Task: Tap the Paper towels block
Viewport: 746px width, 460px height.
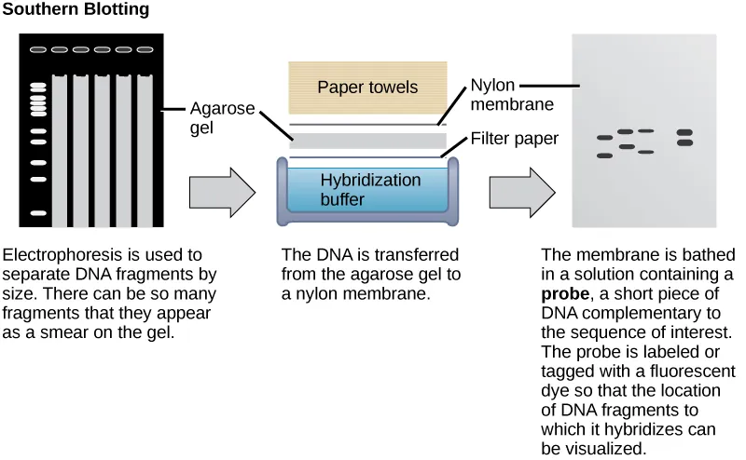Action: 367,88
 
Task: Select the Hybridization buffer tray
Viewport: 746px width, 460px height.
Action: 367,190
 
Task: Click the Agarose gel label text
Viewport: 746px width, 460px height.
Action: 221,117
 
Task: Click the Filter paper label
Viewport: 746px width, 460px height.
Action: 514,139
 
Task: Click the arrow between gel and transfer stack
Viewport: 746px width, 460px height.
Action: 221,193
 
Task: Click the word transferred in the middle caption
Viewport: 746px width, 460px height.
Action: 417,254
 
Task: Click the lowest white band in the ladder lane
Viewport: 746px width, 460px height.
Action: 38,213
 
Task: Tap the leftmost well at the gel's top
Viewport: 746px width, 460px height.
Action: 38,49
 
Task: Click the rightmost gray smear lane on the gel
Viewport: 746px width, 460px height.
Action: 145,149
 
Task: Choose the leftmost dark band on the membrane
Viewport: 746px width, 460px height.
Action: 604,139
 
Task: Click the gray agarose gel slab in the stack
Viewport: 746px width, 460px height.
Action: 367,142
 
